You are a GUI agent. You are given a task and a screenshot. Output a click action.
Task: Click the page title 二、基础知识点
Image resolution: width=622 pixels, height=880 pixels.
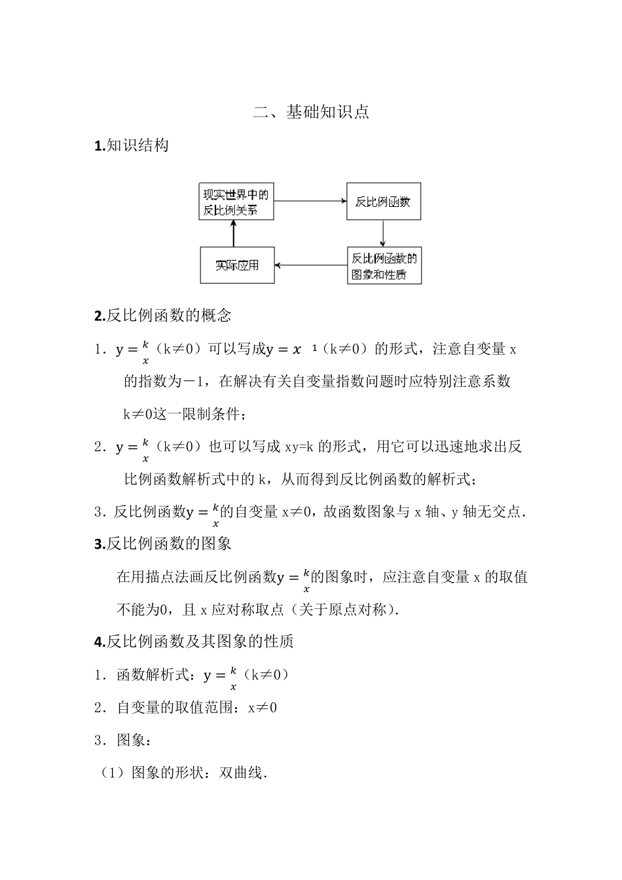pos(311,112)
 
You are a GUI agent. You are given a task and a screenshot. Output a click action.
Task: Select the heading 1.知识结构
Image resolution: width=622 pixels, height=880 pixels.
pos(132,145)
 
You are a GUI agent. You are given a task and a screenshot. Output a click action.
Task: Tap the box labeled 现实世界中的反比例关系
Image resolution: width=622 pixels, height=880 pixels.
pos(236,202)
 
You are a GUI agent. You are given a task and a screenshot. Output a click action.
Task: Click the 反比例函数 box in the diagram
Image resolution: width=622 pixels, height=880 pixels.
pos(383,202)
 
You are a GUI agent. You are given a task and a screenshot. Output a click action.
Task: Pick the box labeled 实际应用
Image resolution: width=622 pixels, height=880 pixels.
pos(237,265)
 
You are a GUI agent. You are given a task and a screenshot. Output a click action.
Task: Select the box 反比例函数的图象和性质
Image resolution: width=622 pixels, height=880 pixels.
pos(384,265)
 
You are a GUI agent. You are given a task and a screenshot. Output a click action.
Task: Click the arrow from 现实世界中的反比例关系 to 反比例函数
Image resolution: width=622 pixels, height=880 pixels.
pos(310,202)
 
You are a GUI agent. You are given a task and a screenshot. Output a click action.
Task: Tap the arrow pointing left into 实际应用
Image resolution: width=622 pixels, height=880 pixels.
pos(310,265)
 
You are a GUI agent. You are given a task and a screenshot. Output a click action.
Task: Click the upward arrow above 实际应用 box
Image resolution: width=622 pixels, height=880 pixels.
pos(233,233)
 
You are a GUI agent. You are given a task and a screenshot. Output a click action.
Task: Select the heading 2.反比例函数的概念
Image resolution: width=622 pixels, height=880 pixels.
pos(163,316)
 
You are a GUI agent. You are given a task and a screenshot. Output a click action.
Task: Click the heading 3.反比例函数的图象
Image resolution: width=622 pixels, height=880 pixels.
pos(163,543)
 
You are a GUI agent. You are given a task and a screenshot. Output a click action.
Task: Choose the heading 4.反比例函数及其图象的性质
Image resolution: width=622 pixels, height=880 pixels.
pos(194,642)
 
